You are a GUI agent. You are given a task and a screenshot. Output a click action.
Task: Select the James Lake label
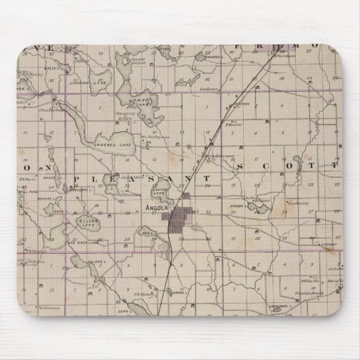click(138, 101)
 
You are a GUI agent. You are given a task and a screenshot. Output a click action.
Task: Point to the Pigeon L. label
click(236, 206)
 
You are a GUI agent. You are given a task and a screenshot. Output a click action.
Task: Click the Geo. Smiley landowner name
click(299, 203)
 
